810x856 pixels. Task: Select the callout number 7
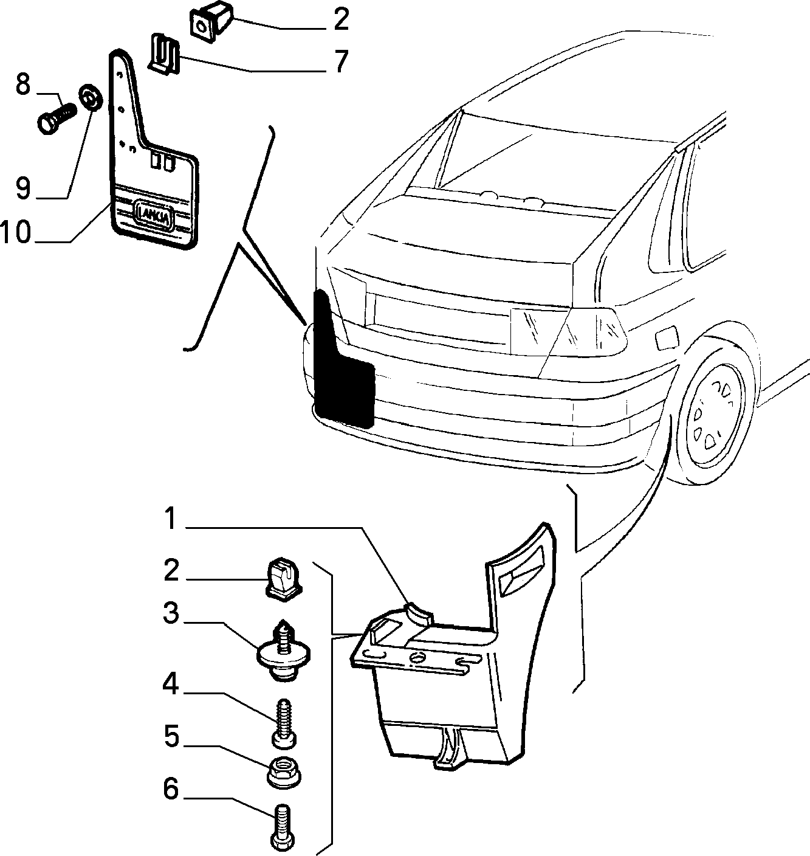click(x=342, y=61)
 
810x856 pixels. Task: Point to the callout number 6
click(x=171, y=789)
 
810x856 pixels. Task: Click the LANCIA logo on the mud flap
click(x=154, y=214)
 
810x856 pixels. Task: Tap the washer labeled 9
click(x=91, y=98)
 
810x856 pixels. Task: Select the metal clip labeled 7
click(x=164, y=54)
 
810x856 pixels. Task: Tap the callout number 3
click(x=171, y=613)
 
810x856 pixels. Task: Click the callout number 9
click(x=23, y=188)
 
